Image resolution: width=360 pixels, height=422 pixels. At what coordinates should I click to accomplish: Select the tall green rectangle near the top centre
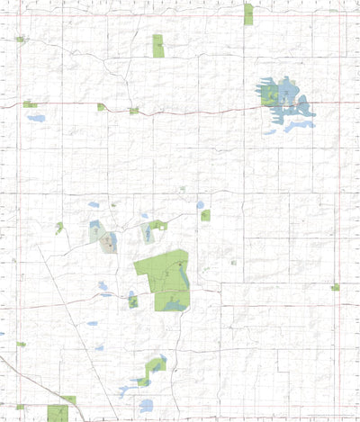pos(158,46)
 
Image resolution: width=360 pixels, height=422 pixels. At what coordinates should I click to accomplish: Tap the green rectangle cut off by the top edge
pos(248,13)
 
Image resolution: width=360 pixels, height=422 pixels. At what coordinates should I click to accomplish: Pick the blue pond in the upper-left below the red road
pos(36,118)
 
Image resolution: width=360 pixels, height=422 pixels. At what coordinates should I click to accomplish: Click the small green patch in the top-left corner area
pos(20,39)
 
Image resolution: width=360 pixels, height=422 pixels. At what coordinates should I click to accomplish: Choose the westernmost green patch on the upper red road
pos(30,104)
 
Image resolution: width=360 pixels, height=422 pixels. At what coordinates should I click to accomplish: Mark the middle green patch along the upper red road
pos(102,107)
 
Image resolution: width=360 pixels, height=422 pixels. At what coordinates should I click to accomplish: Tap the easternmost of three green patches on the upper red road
pos(134,111)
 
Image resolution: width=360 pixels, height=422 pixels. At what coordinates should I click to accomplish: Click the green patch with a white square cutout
pos(158,225)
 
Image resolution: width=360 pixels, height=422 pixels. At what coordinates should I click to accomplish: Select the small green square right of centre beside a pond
pos(206,215)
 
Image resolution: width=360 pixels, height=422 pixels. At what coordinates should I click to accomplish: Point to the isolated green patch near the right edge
pos(335,287)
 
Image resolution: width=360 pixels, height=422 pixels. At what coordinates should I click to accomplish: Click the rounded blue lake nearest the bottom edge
pos(121,406)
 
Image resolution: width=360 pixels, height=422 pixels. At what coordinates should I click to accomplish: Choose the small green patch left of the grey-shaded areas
pos(59,228)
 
